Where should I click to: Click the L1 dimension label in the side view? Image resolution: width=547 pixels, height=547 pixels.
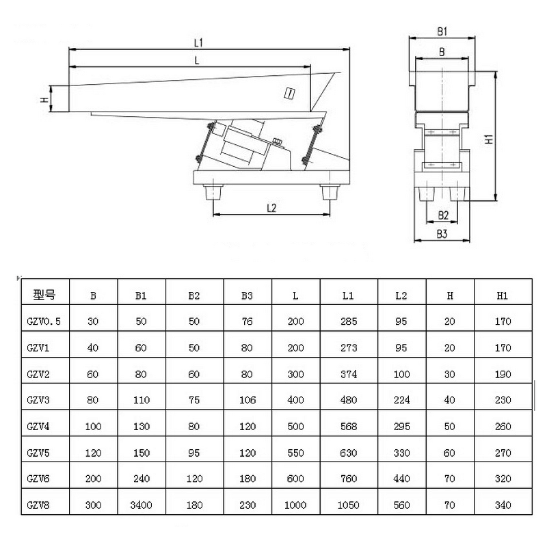point(199,42)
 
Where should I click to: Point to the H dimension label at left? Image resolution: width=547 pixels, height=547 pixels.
point(44,99)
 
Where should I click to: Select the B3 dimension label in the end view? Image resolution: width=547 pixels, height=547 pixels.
point(442,234)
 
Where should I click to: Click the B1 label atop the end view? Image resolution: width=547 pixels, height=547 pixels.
point(442,31)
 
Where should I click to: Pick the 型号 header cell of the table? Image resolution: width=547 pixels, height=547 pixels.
point(44,296)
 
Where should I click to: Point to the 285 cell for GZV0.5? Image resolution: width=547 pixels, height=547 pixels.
point(348,321)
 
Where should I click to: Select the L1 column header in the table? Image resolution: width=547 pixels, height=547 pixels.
point(348,296)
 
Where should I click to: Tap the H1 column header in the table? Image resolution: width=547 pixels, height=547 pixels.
point(503,296)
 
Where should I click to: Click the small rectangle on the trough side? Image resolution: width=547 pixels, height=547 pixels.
point(290,94)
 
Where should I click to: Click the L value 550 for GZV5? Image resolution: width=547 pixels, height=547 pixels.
point(295,453)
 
